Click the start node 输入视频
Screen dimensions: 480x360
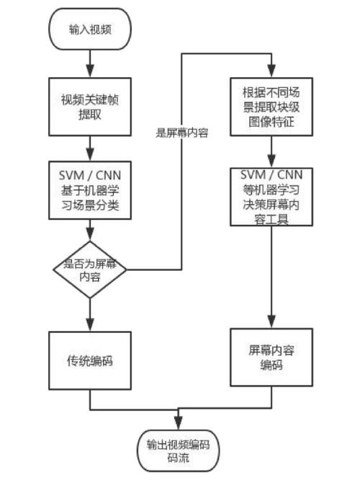[89, 30]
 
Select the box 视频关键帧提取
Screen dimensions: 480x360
[89, 107]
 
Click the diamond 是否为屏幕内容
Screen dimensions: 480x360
[89, 270]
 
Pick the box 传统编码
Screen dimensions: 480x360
[89, 360]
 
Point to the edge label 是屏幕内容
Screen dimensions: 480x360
[181, 133]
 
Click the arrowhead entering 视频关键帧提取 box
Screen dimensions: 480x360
[89, 74]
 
